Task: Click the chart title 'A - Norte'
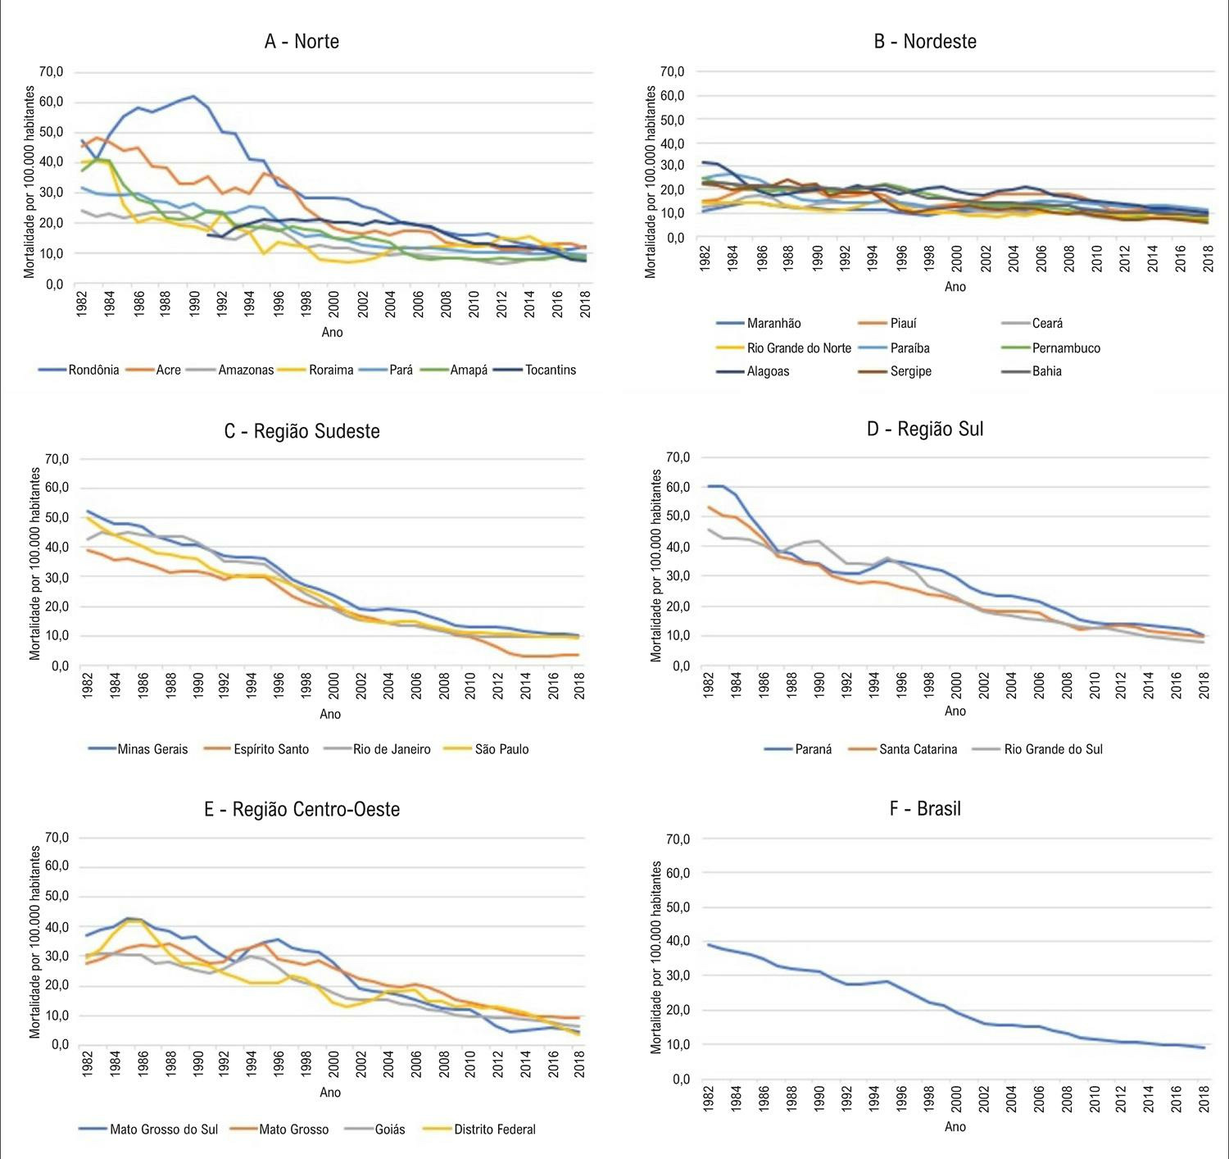pyautogui.click(x=302, y=42)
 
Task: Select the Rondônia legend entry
pyautogui.click(x=79, y=370)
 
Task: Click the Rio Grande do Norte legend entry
pyautogui.click(x=783, y=348)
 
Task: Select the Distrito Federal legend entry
pyautogui.click(x=479, y=1129)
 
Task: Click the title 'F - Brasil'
pyautogui.click(x=925, y=808)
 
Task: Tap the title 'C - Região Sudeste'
pyautogui.click(x=302, y=431)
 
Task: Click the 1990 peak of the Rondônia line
pyautogui.click(x=193, y=96)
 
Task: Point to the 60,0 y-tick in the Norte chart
pyautogui.click(x=52, y=102)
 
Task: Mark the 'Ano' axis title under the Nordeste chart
pyautogui.click(x=955, y=287)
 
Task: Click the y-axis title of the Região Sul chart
pyautogui.click(x=656, y=566)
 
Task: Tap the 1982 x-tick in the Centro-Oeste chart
pyautogui.click(x=87, y=1063)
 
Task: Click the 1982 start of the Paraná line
pyautogui.click(x=709, y=486)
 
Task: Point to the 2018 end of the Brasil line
pyautogui.click(x=1204, y=1048)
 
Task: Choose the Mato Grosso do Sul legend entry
pyautogui.click(x=148, y=1129)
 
